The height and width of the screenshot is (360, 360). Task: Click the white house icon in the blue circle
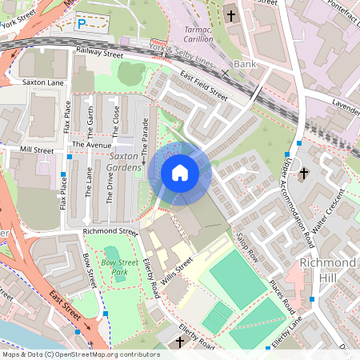180,173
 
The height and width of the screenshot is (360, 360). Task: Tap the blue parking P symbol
81,24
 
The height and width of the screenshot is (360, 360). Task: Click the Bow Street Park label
119,267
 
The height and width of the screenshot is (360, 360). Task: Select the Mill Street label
37,150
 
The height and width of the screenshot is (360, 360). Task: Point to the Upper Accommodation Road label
297,192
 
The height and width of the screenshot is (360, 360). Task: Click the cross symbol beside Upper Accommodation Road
303,172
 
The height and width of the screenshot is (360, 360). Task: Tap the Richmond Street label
110,231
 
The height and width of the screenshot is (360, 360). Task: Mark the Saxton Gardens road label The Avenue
89,144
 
